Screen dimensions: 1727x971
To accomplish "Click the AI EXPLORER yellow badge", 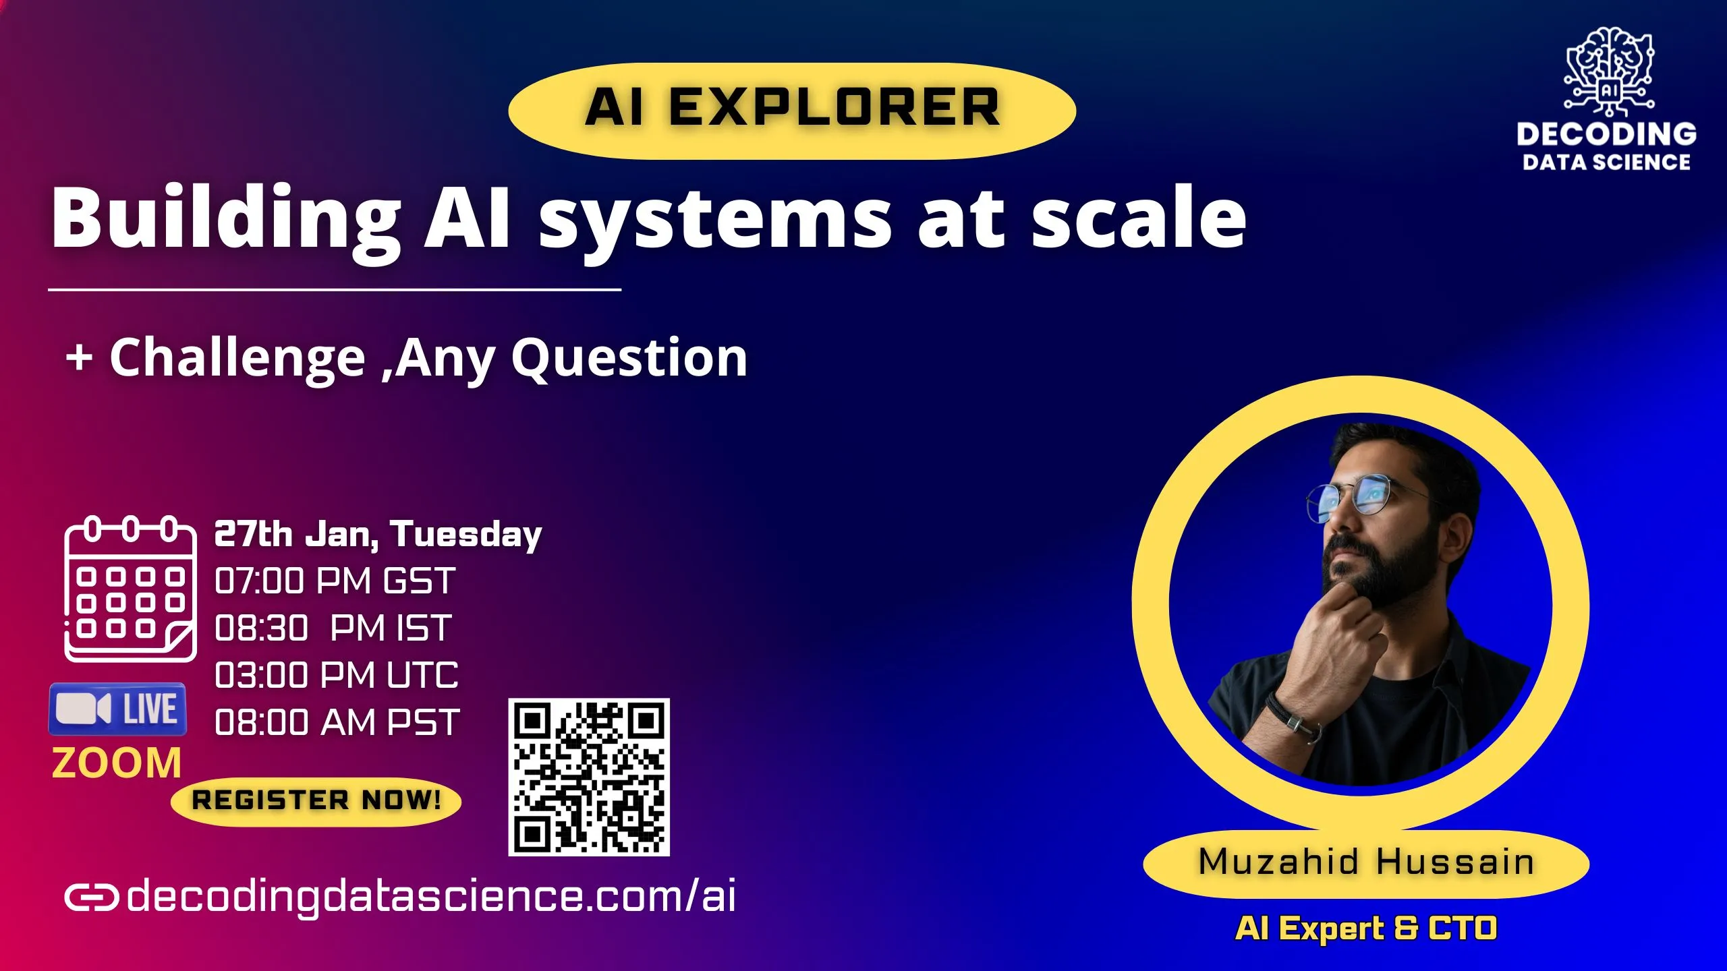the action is click(792, 111).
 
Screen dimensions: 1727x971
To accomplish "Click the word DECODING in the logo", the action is click(1607, 134).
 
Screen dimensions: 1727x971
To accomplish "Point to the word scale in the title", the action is click(1139, 218).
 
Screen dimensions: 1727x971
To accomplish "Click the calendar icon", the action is click(130, 589).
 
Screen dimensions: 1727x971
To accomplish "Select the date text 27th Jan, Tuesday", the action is click(378, 535).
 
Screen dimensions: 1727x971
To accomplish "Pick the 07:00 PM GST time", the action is click(335, 581).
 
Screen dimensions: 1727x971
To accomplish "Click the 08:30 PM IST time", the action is click(333, 628).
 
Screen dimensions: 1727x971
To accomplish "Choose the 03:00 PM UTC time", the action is click(336, 675).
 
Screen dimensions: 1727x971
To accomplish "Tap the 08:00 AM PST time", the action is click(337, 722).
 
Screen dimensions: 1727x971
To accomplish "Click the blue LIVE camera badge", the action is click(117, 709).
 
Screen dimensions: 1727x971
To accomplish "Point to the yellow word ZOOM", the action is click(117, 763).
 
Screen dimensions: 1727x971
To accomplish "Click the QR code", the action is click(589, 777).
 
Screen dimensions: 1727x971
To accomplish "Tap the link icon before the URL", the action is click(92, 898).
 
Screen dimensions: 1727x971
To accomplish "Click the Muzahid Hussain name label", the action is click(1366, 863).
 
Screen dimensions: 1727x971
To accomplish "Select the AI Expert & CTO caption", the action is click(1366, 929).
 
